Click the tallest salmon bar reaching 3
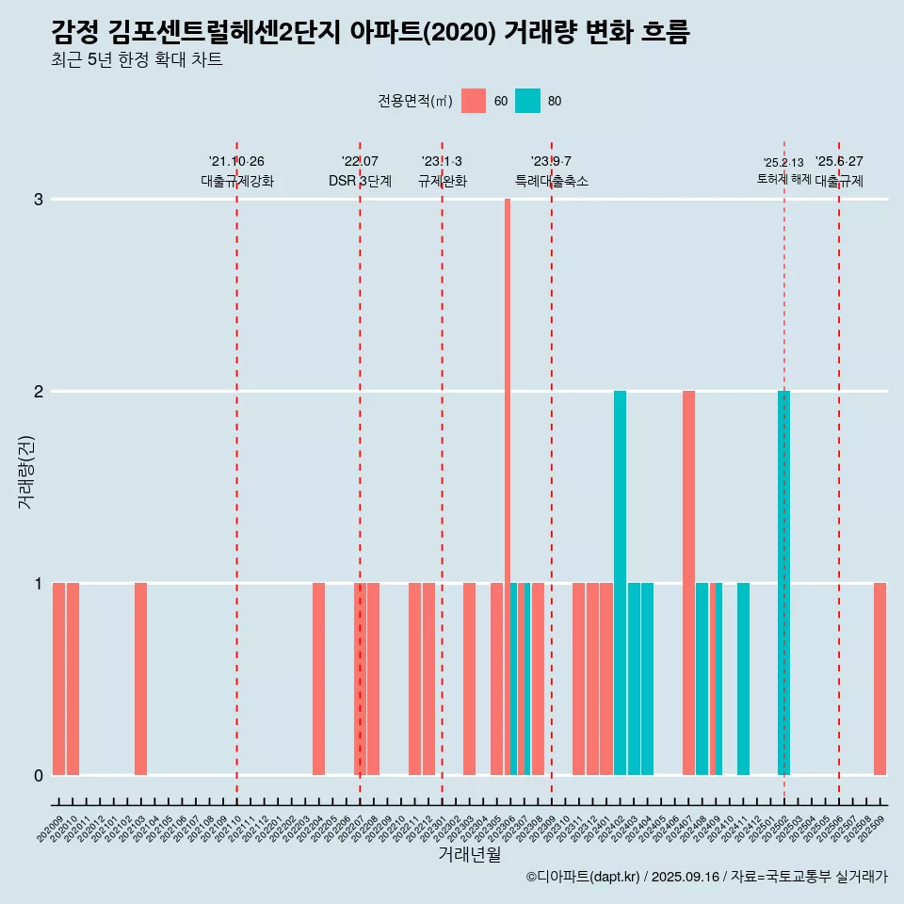508,471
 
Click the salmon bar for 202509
880,679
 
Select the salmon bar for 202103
140,679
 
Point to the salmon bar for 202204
318,679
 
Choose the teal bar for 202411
743,679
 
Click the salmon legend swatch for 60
474,101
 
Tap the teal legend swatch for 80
528,101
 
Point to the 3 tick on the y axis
39,200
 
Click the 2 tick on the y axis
39,392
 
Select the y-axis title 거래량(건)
25,472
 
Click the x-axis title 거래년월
469,854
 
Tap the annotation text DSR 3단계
360,181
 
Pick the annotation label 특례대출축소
552,181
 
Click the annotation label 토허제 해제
783,178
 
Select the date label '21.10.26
236,161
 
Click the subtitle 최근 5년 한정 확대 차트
137,60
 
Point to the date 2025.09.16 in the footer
685,877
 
